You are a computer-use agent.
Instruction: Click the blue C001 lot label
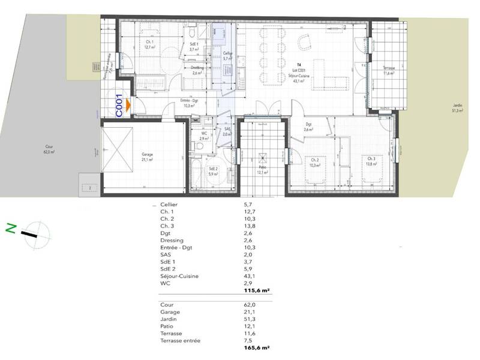pos(119,106)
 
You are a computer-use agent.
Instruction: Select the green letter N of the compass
pos(10,228)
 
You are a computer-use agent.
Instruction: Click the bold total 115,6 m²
pos(257,290)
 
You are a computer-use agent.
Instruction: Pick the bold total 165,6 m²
pos(257,347)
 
